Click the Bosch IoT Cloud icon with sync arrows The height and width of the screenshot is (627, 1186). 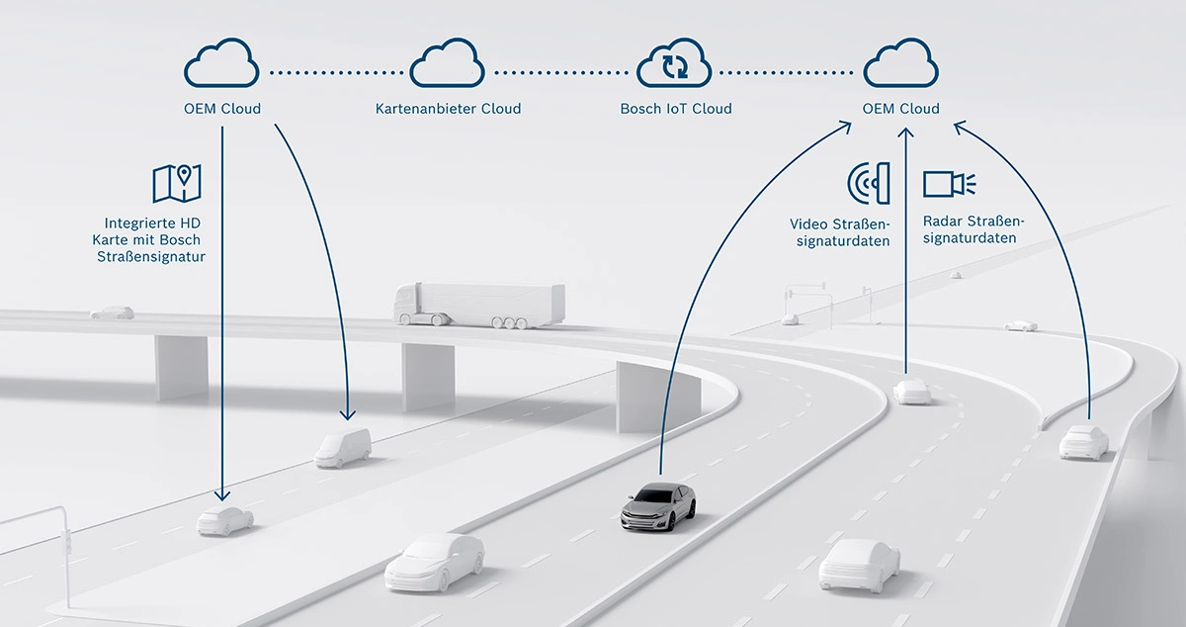coord(674,62)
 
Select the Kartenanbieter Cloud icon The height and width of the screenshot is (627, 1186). coord(448,62)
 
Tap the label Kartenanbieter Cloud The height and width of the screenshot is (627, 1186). coord(448,109)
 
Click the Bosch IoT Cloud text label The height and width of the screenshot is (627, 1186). coord(676,109)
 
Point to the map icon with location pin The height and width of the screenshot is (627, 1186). coord(177,183)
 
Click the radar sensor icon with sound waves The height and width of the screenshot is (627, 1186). coord(869,183)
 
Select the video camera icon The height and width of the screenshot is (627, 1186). coord(950,184)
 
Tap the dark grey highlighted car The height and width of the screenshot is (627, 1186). coord(658,506)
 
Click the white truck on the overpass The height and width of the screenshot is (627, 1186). coord(478,305)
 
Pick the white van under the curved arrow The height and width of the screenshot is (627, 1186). coord(343,448)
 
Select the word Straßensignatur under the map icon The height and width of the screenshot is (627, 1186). coord(151,257)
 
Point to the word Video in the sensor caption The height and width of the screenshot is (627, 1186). coord(808,224)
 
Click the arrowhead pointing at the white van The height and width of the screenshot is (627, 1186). coord(348,414)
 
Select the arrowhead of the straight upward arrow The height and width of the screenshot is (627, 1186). coord(906,133)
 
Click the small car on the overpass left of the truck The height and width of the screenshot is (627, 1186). coord(113,313)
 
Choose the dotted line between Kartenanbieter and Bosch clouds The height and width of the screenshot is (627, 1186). coord(560,72)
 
